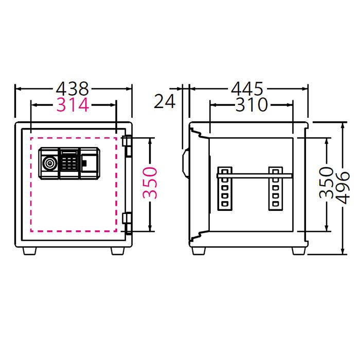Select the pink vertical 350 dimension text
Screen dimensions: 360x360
pos(149,183)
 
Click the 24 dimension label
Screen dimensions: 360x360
pos(165,101)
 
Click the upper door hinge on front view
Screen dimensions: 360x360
pos(128,147)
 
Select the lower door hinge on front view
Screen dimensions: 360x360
pos(128,222)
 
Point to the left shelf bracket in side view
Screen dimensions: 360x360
pos(225,188)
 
